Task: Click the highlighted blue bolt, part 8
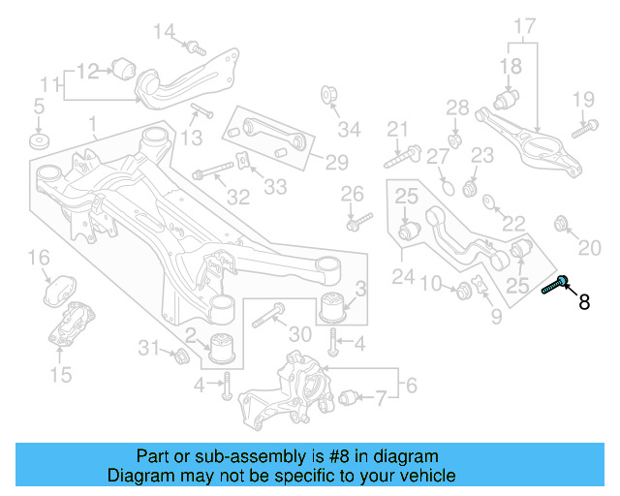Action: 555,285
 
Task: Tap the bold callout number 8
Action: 584,302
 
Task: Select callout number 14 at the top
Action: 164,32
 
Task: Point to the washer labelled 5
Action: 40,141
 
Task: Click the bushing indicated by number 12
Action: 123,69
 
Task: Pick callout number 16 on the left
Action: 39,258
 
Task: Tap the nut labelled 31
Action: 182,356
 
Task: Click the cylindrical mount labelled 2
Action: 222,348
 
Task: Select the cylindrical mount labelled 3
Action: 333,307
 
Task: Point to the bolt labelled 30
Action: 268,315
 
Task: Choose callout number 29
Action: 336,162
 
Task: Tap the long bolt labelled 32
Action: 213,170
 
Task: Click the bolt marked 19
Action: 585,129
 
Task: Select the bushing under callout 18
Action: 507,100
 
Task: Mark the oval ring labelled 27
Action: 448,187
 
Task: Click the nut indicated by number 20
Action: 561,224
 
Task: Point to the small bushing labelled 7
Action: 349,397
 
